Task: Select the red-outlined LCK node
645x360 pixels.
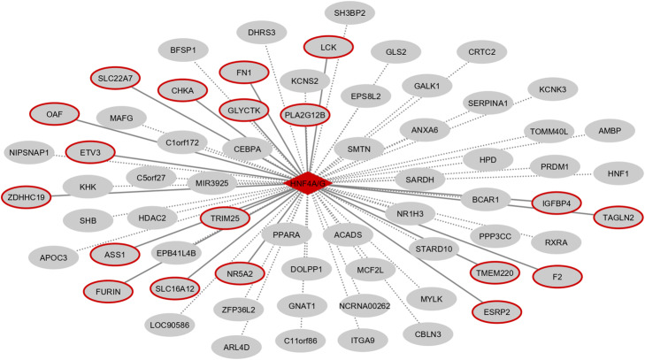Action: [x=329, y=46]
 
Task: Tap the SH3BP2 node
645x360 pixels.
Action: [x=356, y=13]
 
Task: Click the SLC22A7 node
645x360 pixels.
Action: [x=116, y=79]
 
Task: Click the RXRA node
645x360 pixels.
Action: [x=556, y=237]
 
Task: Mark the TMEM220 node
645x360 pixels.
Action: [x=471, y=271]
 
